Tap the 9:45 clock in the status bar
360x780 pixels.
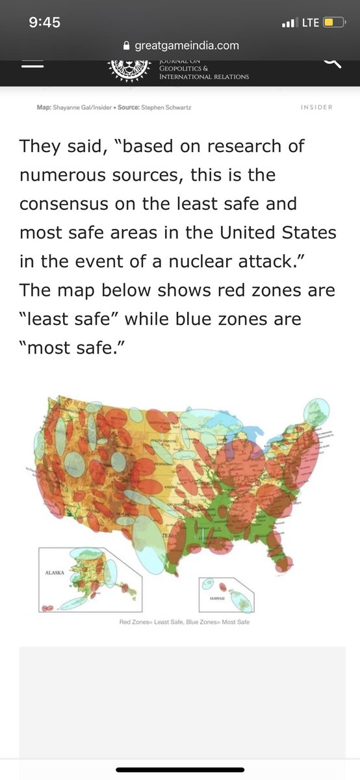[45, 22]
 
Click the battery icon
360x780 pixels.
[333, 23]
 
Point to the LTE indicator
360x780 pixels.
[310, 23]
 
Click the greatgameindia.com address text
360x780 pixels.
[186, 45]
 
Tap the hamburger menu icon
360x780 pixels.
[32, 62]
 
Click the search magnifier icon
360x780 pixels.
[331, 62]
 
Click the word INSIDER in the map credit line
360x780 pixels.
[317, 107]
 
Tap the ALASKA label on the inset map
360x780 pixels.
[54, 573]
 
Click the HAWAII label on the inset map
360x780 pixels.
[218, 598]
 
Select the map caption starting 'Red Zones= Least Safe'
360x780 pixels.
[184, 622]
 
